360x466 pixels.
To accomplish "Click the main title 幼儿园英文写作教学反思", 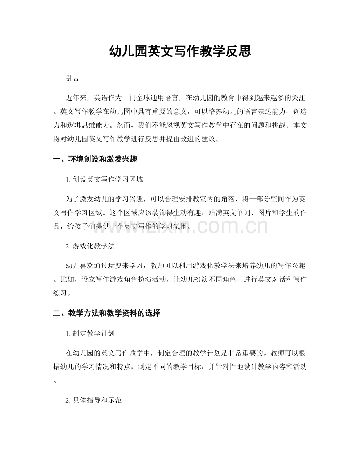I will pyautogui.click(x=180, y=51).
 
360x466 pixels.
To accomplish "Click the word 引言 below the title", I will pyautogui.click(x=73, y=78).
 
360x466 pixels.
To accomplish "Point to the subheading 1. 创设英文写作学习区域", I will pyautogui.click(x=105, y=180).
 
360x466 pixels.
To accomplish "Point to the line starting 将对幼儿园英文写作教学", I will pyautogui.click(x=137, y=139).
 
